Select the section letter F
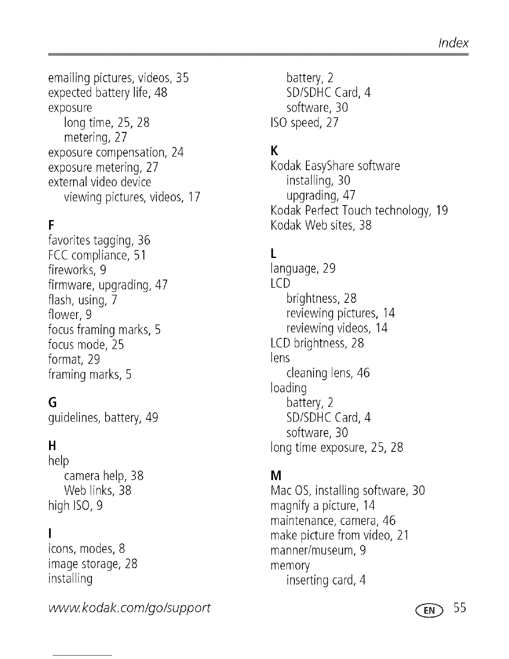click(x=51, y=225)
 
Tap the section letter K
click(x=274, y=150)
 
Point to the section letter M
click(x=276, y=475)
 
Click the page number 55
click(x=460, y=608)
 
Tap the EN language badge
click(x=433, y=610)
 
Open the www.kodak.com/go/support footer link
click(x=129, y=608)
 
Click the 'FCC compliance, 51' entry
click(x=97, y=255)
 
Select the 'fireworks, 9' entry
click(x=77, y=270)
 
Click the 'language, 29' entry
click(x=303, y=268)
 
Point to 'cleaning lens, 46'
click(x=328, y=373)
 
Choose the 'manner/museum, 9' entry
click(x=318, y=550)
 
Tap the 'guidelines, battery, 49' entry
click(x=103, y=417)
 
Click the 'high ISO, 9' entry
click(x=75, y=505)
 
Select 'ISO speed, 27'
click(x=304, y=123)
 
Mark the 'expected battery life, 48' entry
click(x=108, y=92)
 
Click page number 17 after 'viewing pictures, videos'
click(x=194, y=196)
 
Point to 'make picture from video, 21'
click(x=339, y=535)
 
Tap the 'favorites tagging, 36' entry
click(x=99, y=240)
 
